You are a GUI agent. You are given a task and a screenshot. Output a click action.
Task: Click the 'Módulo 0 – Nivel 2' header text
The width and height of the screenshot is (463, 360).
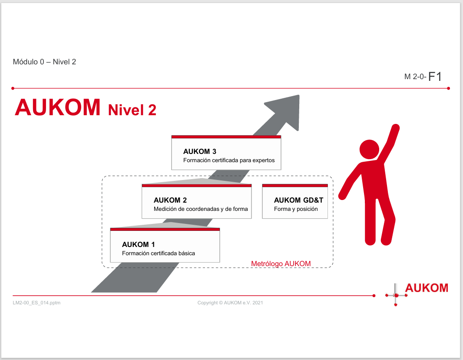pos(44,62)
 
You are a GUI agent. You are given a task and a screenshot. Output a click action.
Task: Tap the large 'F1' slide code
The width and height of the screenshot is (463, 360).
pos(435,77)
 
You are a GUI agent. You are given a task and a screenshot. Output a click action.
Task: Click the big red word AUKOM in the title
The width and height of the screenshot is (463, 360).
pos(58,107)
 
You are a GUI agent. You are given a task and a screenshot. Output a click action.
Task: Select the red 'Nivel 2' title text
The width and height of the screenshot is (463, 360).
pos(132,110)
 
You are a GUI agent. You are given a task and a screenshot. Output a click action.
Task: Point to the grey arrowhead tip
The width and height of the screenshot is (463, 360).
pos(299,96)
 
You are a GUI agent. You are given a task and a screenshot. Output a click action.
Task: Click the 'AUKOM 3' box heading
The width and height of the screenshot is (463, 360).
pos(200,151)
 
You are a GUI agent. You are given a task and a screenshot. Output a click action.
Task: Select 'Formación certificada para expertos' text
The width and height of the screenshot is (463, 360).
pos(229,160)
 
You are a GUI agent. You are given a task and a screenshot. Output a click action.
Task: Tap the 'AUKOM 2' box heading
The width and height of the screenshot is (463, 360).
pos(170,200)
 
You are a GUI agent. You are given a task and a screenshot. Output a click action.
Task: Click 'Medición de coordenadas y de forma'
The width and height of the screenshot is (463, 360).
pos(201,209)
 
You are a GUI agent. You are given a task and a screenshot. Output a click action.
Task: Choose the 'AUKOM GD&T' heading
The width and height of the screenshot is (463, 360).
pos(298,200)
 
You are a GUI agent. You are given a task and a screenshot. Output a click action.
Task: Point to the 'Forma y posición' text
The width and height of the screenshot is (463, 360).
pos(296,209)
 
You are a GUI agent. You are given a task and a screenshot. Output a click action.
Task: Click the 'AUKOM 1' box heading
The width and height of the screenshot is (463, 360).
pos(138,244)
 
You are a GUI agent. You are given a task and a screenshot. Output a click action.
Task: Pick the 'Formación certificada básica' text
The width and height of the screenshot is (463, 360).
pos(158,253)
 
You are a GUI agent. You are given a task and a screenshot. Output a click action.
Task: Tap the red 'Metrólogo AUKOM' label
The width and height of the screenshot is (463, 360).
pos(281,263)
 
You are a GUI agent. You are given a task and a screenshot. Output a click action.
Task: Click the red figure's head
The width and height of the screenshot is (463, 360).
pos(369,150)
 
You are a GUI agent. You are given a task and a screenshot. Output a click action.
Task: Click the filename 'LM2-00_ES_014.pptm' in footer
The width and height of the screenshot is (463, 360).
pos(36,303)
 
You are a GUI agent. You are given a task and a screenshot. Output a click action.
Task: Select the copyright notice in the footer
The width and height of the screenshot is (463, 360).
pos(230,303)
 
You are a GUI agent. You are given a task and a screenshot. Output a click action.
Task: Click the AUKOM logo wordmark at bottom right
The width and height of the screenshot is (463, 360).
pos(427,287)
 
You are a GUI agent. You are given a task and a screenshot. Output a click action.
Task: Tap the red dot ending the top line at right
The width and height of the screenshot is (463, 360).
pos(449,88)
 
